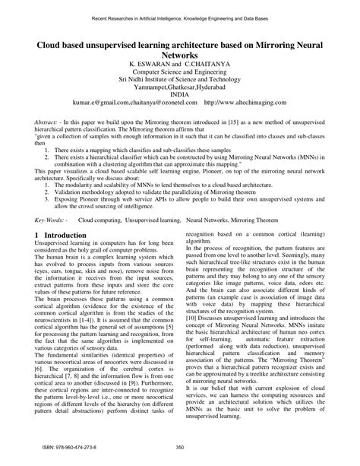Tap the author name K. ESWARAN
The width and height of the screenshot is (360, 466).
153,67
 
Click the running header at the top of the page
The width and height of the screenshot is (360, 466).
180,16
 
